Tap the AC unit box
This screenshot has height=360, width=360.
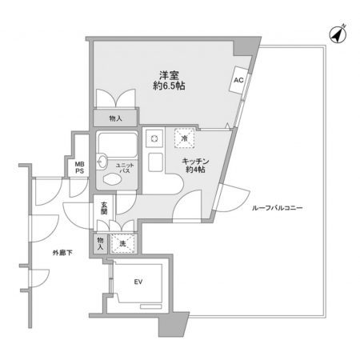tap(239, 80)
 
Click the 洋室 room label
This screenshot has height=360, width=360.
tap(169, 75)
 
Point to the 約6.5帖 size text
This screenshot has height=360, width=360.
tap(169, 86)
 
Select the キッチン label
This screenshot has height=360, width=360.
tap(195, 162)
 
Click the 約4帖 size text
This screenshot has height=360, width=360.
tap(195, 170)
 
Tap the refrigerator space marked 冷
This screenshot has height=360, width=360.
tap(184, 138)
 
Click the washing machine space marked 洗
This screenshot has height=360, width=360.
tap(122, 243)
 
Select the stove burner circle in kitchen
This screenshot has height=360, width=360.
tap(154, 138)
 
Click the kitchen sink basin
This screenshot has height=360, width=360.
tap(155, 162)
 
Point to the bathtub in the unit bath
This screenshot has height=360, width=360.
tap(118, 145)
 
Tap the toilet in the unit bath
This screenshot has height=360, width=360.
tap(112, 179)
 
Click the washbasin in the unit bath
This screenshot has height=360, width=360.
tap(102, 162)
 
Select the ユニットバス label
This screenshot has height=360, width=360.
tap(125, 169)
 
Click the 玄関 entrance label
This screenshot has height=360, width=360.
tap(104, 208)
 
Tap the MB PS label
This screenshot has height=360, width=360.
tap(79, 168)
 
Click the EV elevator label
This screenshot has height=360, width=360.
tap(138, 282)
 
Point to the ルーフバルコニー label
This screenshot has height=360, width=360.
tap(278, 208)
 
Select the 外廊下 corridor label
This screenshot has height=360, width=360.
tap(62, 253)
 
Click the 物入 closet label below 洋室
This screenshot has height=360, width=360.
tap(116, 118)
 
